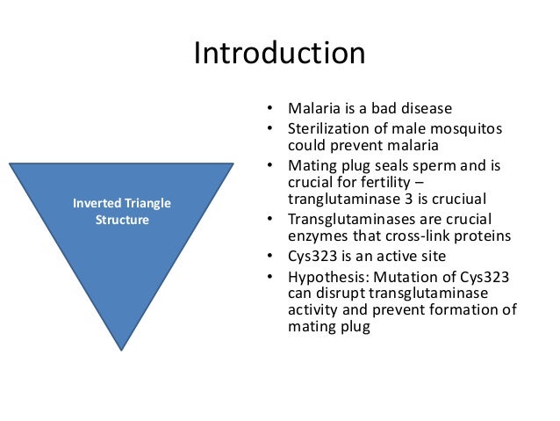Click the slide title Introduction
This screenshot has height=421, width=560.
[x=279, y=54]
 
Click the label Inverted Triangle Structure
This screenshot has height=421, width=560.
[x=122, y=211]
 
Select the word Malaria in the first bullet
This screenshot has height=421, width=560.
[x=312, y=110]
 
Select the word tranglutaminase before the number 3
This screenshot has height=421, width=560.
[x=343, y=199]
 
